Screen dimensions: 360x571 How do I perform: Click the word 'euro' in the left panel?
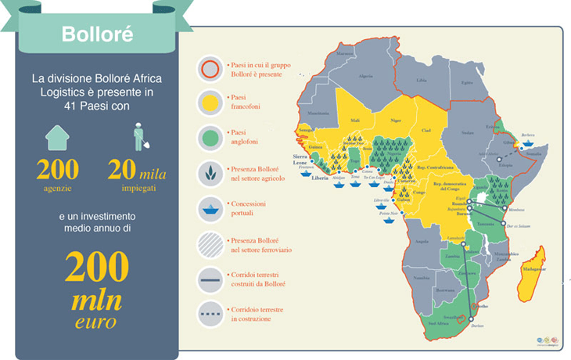click(x=96, y=322)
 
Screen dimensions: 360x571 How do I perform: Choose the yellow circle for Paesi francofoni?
click(x=210, y=103)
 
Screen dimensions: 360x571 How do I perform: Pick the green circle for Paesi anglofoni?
click(x=210, y=137)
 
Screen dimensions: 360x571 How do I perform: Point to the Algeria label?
click(x=365, y=77)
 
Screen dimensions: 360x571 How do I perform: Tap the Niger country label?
click(x=395, y=121)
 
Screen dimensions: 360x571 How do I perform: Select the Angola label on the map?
click(x=422, y=243)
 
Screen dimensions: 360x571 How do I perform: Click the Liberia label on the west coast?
click(x=320, y=178)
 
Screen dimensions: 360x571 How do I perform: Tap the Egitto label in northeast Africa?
click(x=468, y=82)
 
